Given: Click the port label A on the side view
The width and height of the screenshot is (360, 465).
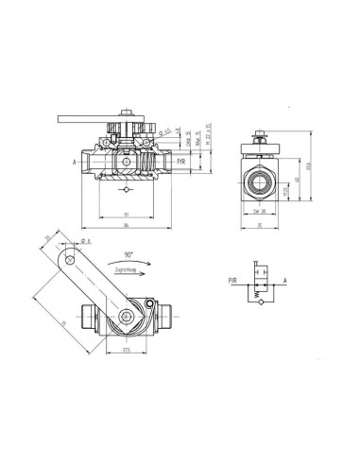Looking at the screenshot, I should [x=72, y=162].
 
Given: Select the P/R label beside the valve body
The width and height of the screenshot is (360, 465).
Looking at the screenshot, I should [x=180, y=163].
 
